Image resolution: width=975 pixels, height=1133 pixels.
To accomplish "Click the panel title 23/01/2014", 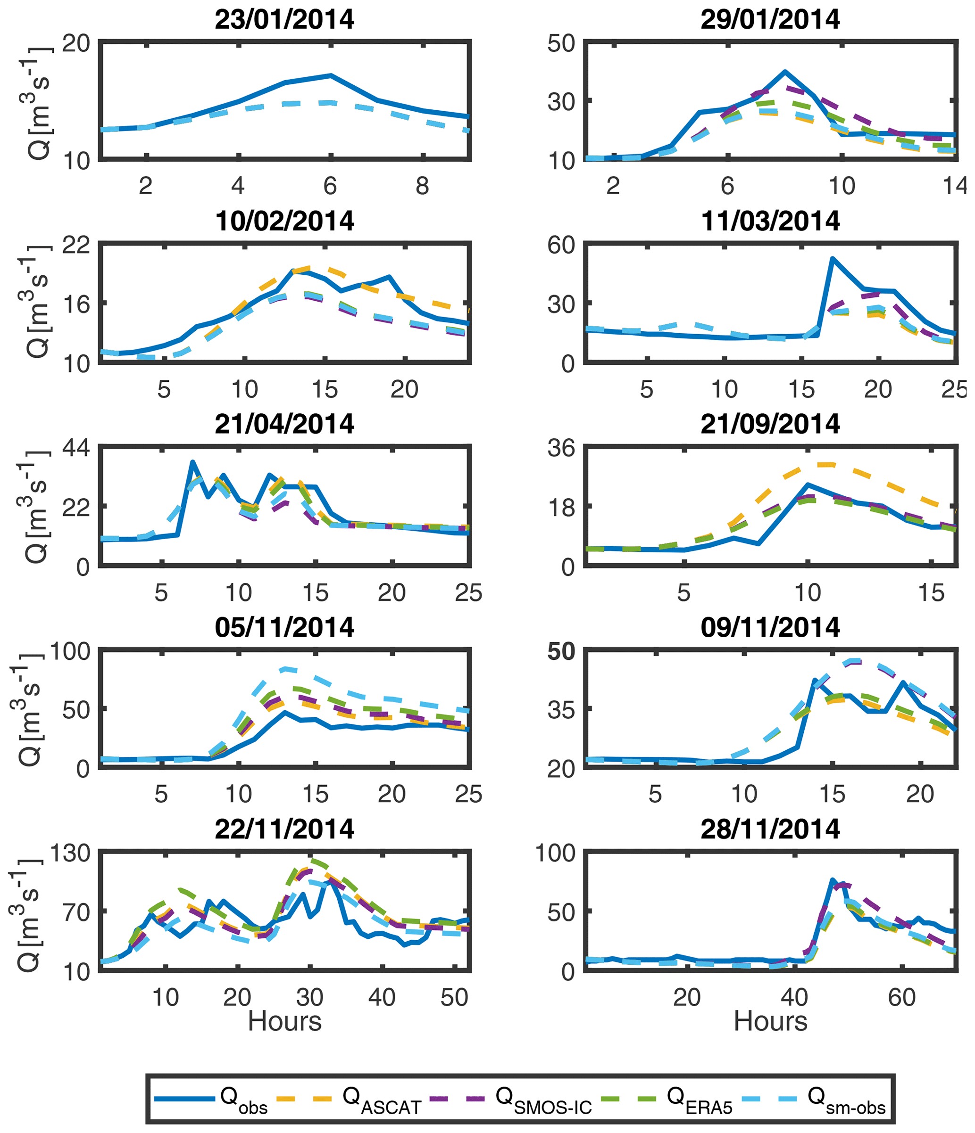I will point(284,20).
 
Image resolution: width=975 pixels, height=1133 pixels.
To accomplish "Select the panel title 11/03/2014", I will point(770,222).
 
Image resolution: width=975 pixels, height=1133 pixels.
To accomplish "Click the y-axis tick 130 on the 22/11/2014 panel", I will point(69,853).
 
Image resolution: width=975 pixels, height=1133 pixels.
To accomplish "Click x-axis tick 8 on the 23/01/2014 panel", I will point(422,187).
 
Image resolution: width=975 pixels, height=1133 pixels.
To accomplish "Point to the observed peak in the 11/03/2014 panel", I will point(832,259).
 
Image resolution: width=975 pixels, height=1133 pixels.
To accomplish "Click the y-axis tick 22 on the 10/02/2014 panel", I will point(76,245).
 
